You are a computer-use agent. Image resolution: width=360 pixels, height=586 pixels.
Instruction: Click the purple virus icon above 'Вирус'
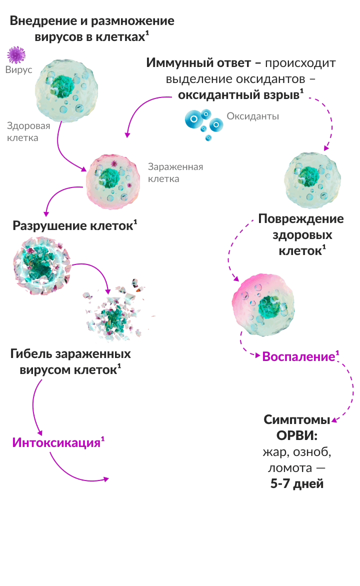16,54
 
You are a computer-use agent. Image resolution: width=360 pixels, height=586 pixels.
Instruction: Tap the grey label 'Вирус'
19,69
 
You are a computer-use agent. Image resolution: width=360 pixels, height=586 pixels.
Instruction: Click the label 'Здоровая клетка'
22,131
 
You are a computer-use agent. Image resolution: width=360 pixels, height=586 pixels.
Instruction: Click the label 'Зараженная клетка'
175,172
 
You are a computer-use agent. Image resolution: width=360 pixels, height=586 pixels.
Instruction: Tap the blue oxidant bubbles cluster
203,121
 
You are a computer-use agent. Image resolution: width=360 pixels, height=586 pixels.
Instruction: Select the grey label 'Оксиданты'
252,116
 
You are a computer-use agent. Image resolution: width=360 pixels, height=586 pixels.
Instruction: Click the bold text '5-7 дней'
297,484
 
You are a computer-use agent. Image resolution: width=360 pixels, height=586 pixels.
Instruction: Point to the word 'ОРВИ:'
297,435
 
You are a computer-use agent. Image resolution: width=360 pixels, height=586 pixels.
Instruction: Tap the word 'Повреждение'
300,219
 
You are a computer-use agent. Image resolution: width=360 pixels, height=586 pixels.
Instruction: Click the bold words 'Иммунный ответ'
196,63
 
